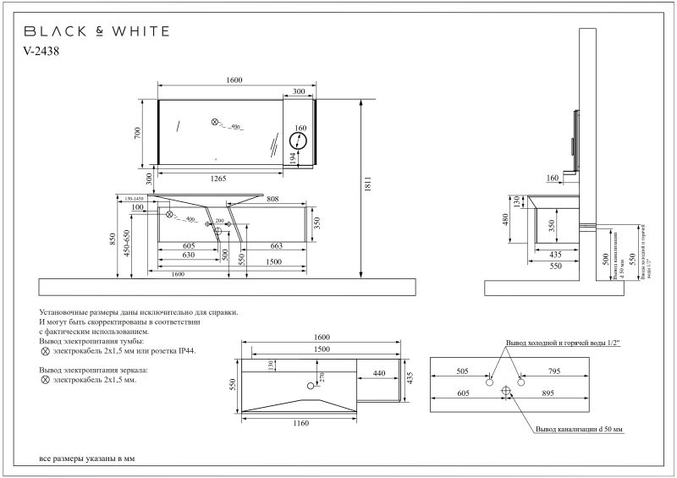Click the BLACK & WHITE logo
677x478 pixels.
(96, 31)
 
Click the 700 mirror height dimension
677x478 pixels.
(149, 132)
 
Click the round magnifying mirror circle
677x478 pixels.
(300, 141)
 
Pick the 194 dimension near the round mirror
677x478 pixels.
(292, 158)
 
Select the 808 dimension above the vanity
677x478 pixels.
(273, 201)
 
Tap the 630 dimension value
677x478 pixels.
(189, 254)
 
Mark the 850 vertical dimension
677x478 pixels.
(113, 239)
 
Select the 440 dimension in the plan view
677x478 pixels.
(378, 372)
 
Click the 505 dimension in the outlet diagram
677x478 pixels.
(462, 370)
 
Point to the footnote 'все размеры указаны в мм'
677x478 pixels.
(87, 458)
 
